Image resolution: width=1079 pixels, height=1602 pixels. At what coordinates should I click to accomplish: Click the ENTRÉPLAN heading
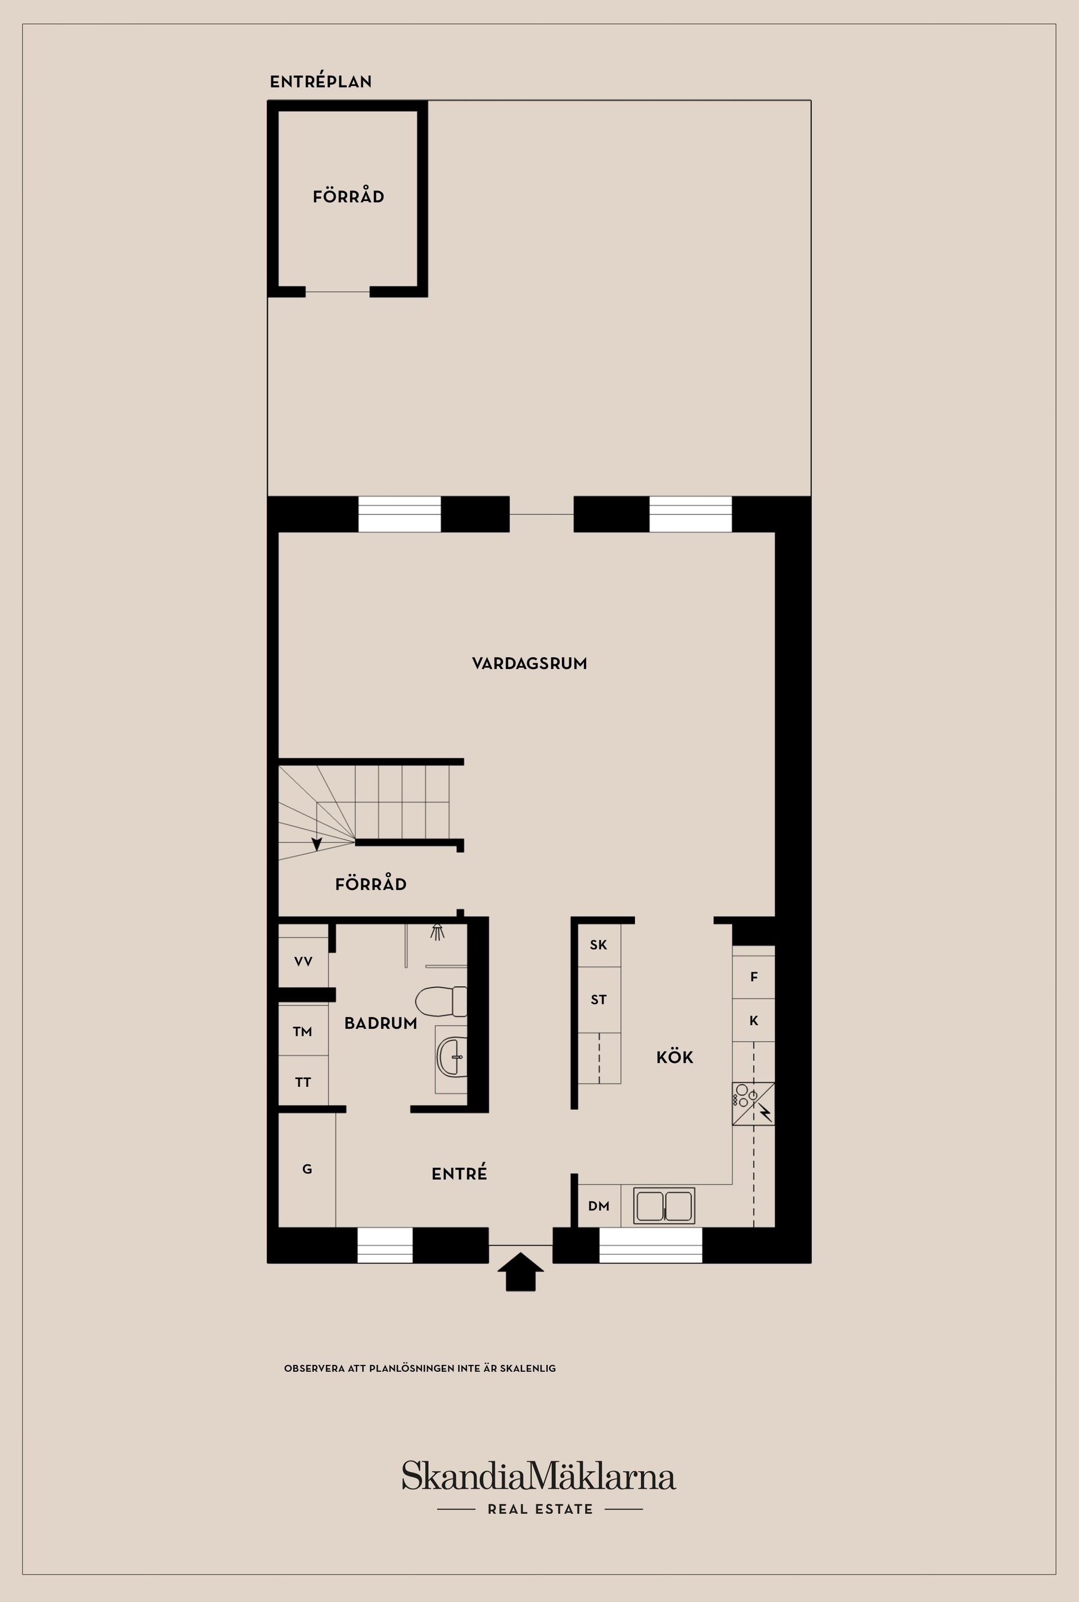coord(321,82)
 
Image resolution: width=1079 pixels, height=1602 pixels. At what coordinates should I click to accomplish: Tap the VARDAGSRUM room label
coord(529,664)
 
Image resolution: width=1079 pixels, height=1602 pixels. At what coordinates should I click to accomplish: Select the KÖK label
coord(674,1057)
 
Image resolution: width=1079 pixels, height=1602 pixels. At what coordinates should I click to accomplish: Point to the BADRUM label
coord(380,1023)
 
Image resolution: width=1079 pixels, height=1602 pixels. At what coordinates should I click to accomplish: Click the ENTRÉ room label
coord(459,1174)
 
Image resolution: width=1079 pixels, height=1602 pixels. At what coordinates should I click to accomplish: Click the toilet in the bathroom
coord(441,1002)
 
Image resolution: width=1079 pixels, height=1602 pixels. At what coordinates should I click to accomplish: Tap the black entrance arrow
coord(520,1271)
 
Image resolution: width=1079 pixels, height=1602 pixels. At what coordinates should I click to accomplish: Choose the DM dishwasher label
coord(599,1206)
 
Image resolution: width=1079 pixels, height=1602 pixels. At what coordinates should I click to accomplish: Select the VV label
coord(303,962)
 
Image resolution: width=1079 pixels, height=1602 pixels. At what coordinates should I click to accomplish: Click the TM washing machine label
coord(303,1032)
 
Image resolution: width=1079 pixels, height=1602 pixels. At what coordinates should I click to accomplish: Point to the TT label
coord(303,1082)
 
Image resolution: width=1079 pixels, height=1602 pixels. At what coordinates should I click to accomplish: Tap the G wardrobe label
coord(307,1169)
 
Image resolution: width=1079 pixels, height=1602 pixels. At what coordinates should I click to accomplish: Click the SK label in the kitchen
coord(599,945)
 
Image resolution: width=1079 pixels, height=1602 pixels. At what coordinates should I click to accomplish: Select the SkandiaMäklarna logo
coord(539,1476)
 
